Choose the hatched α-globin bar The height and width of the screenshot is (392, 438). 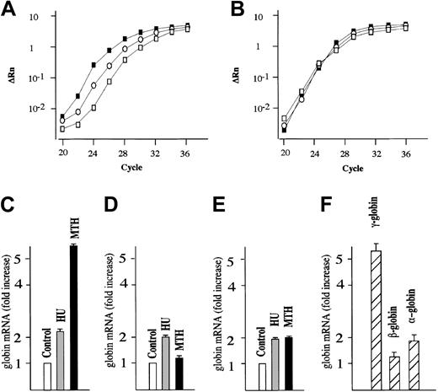tap(413, 364)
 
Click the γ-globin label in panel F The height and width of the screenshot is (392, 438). tap(374, 223)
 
